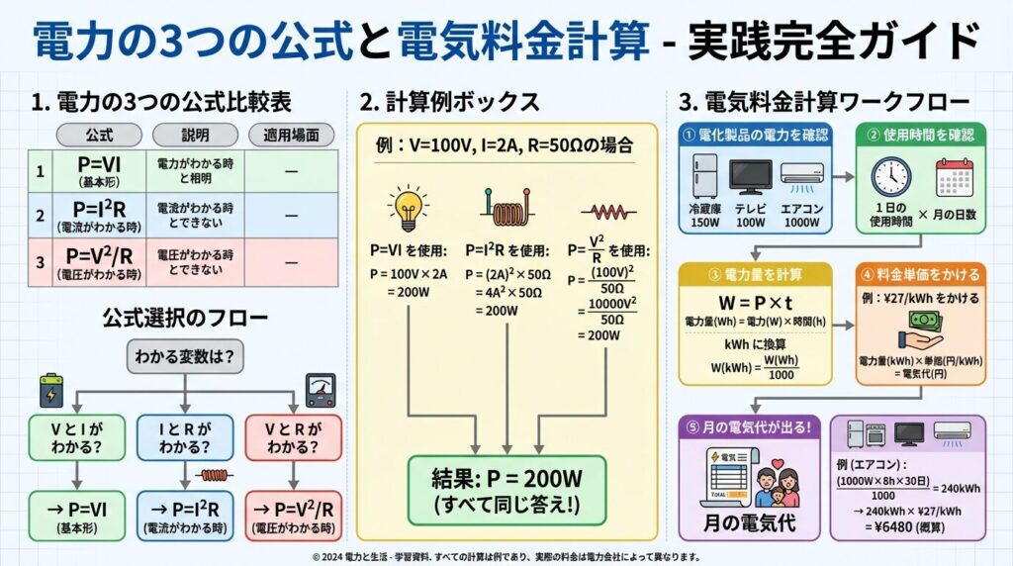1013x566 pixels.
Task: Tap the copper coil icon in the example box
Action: click(x=506, y=208)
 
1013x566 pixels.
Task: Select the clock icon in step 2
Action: click(x=890, y=178)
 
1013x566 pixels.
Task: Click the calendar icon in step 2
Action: click(x=955, y=178)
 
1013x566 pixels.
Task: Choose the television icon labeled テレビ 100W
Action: click(x=750, y=178)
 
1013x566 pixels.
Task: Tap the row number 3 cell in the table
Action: click(x=40, y=262)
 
